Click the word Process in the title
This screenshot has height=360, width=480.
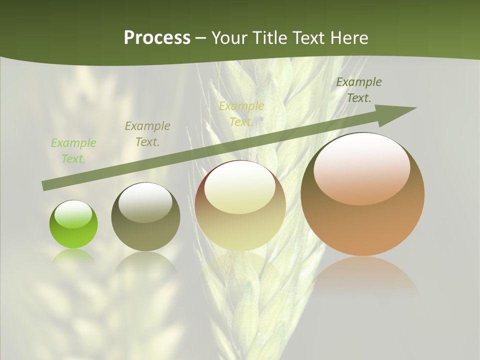pyautogui.click(x=157, y=38)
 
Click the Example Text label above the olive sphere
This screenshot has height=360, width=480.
pyautogui.click(x=147, y=134)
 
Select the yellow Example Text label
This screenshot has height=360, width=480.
pyautogui.click(x=241, y=113)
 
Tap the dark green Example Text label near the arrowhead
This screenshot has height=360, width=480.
pyautogui.click(x=359, y=90)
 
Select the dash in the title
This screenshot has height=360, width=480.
pyautogui.click(x=201, y=38)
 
